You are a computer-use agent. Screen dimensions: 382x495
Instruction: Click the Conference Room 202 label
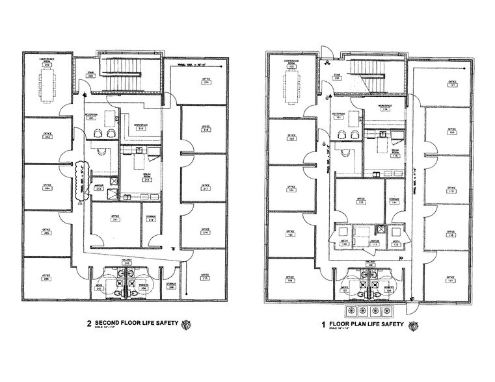pyautogui.click(x=47, y=61)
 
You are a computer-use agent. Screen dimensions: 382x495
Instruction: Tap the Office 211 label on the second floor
pyautogui.click(x=116, y=219)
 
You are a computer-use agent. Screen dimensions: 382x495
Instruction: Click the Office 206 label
pyautogui.click(x=47, y=279)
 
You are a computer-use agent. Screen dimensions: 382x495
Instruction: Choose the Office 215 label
pyautogui.click(x=206, y=278)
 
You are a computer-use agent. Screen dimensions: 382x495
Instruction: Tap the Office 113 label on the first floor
pyautogui.click(x=360, y=201)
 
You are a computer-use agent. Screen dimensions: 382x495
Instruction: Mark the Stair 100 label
pyautogui.click(x=337, y=77)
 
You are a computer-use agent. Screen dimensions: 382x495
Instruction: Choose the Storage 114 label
pyautogui.click(x=394, y=201)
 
